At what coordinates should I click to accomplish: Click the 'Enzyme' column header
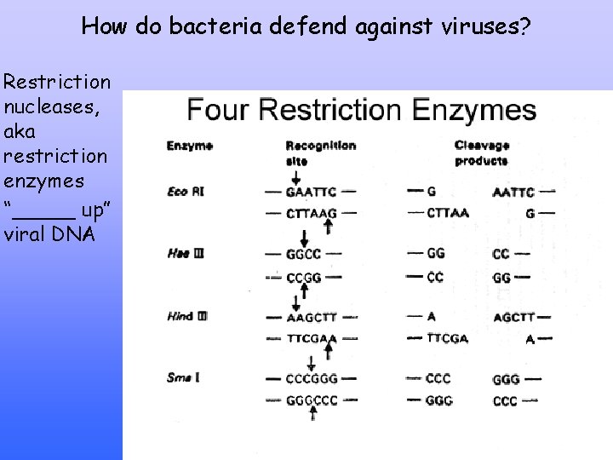click(189, 146)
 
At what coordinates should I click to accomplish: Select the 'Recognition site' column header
click(320, 152)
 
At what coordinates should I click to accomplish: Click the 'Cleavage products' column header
click(481, 152)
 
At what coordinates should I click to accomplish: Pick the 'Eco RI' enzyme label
click(185, 193)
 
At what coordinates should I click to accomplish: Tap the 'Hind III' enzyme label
click(187, 317)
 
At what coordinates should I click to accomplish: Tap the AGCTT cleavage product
click(513, 317)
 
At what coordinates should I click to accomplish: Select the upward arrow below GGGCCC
click(314, 415)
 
